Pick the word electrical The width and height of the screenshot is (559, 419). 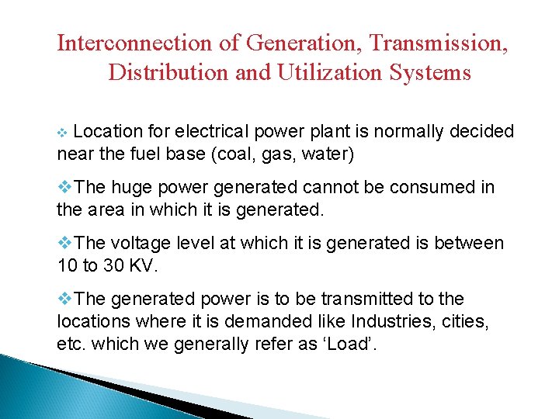pyautogui.click(x=205, y=132)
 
